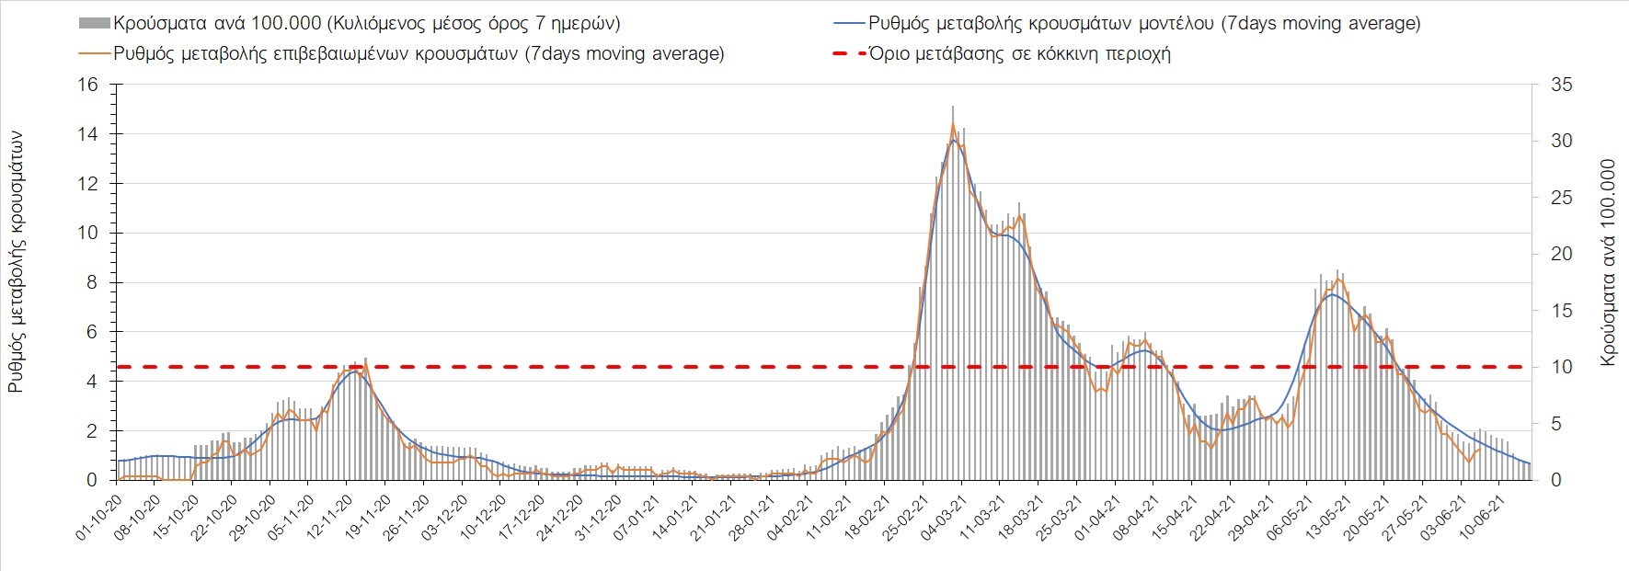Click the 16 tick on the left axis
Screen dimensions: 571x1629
[x=87, y=85]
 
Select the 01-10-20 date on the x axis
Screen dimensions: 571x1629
[x=98, y=518]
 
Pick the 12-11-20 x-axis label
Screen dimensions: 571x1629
[x=328, y=518]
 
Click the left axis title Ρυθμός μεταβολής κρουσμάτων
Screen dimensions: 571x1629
[x=16, y=262]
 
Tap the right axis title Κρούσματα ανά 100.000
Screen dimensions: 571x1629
[x=1608, y=262]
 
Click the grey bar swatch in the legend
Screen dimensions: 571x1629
[x=96, y=23]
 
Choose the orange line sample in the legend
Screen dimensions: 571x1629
[x=96, y=53]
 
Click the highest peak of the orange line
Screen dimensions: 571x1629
[x=952, y=123]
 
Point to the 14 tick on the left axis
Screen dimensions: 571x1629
[x=87, y=134]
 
